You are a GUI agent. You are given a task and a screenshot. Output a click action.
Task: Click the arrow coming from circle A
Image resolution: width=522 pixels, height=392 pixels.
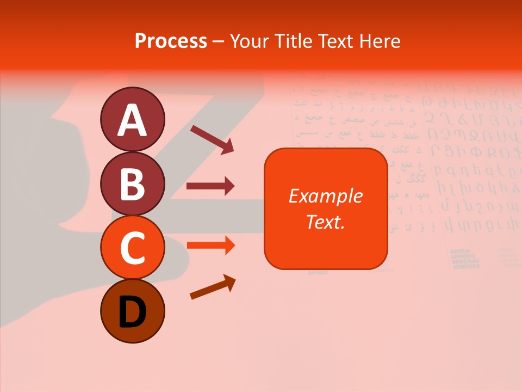212,138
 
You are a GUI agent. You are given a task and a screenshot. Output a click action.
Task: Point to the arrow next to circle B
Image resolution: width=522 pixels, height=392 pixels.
210,186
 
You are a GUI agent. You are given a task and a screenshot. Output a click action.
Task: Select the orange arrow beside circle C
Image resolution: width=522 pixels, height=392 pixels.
210,246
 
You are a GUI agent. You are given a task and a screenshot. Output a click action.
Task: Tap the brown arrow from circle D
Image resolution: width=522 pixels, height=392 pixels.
213,287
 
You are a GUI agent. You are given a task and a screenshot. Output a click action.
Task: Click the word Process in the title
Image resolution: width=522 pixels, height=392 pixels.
171,41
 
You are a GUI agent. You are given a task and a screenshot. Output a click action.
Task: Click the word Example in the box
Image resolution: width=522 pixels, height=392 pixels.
325,196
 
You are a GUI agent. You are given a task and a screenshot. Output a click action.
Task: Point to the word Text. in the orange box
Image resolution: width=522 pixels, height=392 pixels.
325,222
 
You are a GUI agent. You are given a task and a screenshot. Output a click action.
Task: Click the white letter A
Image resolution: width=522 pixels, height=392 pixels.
132,120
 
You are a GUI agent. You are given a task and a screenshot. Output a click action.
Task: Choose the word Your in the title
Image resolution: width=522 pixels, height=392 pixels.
250,41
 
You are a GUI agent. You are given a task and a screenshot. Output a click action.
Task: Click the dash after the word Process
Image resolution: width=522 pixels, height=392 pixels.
218,41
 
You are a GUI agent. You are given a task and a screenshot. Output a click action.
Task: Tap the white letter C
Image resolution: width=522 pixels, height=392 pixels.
132,248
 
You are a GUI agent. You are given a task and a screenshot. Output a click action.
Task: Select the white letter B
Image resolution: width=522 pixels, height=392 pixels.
132,184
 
